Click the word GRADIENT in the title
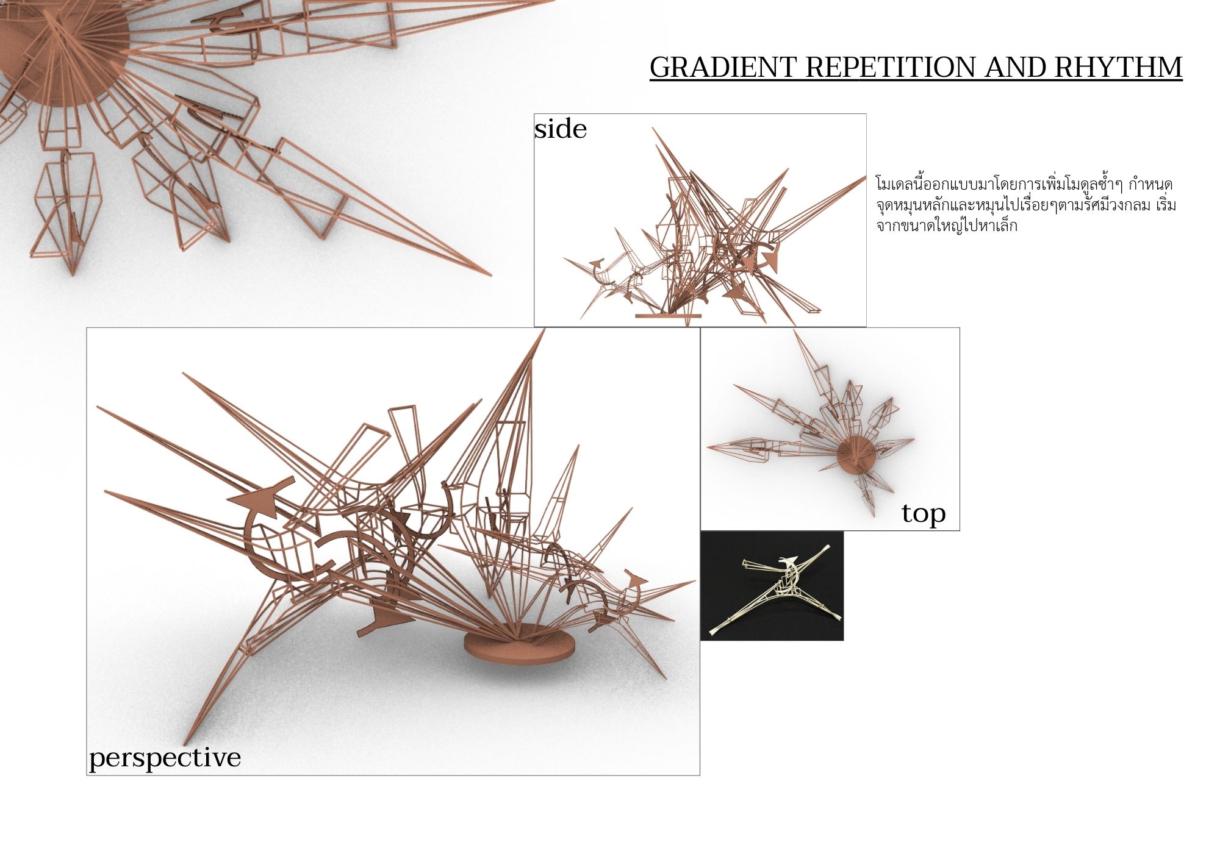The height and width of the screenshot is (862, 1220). [723, 67]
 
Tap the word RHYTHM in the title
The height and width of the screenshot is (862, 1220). [1118, 67]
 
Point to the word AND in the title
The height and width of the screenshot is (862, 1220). [1014, 67]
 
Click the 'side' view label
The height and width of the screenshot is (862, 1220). [561, 129]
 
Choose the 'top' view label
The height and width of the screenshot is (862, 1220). [924, 513]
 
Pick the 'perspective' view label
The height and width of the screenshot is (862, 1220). [165, 759]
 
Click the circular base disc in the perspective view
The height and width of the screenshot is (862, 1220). [518, 646]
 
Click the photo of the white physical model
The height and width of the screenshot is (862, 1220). [772, 586]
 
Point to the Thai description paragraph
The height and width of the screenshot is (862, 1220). [1025, 205]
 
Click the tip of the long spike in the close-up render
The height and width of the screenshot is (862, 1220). [490, 276]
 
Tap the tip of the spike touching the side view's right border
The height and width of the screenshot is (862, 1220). [866, 177]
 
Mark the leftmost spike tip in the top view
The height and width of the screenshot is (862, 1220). [708, 447]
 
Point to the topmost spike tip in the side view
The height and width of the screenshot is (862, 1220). [653, 127]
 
